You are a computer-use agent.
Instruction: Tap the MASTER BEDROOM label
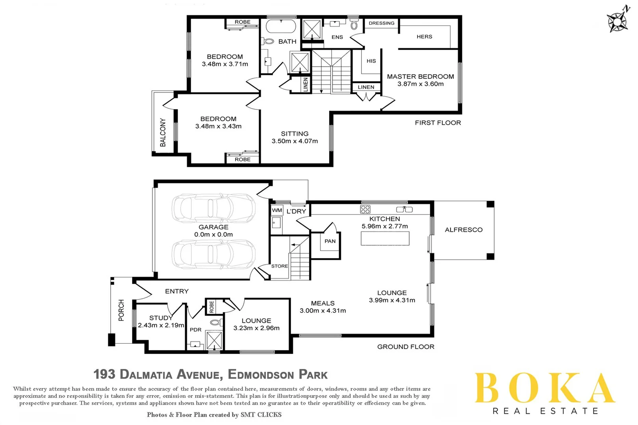tap(420, 76)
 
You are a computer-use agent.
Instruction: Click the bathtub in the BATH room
tap(281, 27)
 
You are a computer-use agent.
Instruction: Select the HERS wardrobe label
tap(424, 37)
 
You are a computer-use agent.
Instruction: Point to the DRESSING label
tap(381, 23)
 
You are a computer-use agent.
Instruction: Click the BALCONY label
tap(163, 132)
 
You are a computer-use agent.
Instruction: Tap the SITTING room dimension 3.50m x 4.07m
tap(295, 141)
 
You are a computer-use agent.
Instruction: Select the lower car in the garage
tap(213, 254)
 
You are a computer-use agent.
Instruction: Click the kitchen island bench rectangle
tap(385, 238)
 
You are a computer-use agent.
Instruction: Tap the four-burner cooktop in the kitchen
tap(365, 209)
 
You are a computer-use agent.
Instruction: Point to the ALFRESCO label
tap(464, 230)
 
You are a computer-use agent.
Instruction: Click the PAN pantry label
tap(330, 241)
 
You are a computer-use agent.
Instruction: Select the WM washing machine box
tap(277, 210)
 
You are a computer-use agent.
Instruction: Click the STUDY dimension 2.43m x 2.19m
tap(161, 325)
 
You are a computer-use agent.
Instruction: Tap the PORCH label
tap(121, 310)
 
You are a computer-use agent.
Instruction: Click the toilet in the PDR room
tap(215, 323)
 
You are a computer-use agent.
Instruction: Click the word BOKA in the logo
tap(545, 389)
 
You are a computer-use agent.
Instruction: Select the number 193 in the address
tap(104, 374)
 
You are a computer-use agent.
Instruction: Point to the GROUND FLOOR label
tap(406, 347)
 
